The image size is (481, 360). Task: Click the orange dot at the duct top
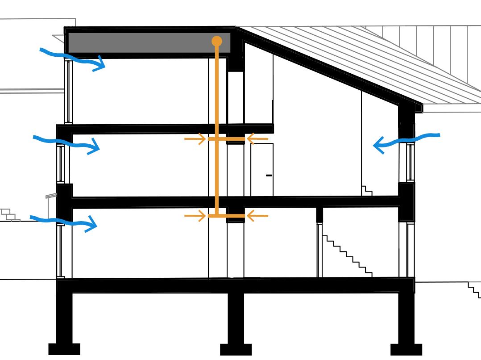216,41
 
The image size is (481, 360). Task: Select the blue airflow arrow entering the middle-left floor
67,143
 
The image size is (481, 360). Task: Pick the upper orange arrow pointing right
195,139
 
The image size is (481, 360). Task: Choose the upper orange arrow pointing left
257,139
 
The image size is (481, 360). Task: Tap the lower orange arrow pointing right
195,216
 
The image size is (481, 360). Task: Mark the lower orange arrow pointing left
257,216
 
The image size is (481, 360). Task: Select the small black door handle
269,176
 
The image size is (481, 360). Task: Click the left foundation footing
64,349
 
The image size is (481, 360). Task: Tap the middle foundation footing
236,349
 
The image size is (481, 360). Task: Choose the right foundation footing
406,349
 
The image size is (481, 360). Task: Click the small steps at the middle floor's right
366,190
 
